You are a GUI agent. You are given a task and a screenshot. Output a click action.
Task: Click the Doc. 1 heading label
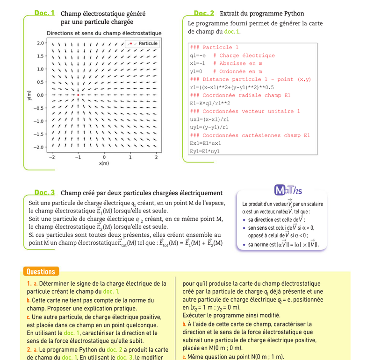pos(45,14)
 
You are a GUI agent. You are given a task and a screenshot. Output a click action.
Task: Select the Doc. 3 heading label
pos(44,192)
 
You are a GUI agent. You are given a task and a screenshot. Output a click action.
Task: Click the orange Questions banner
pos(41,272)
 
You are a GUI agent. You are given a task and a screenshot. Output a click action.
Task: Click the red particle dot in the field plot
pos(78,95)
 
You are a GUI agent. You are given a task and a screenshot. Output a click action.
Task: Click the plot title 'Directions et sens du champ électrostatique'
pos(104,33)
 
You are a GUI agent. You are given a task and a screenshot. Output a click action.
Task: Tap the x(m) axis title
pos(104,163)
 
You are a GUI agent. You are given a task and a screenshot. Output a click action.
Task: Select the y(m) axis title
pos(29,95)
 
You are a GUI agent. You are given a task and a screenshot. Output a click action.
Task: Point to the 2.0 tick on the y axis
pos(40,43)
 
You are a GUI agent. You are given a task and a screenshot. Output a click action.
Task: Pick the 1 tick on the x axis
pos(130,157)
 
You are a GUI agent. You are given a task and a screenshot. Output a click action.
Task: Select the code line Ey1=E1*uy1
pos(205,151)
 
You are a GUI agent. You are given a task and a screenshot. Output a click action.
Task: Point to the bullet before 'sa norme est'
pos(245,244)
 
